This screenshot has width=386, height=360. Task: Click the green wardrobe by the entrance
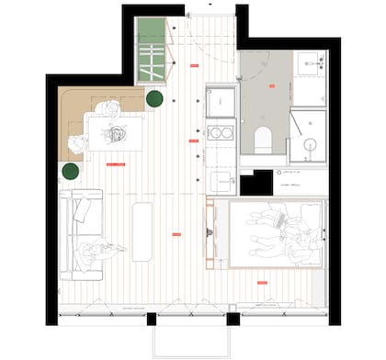(x=148, y=53)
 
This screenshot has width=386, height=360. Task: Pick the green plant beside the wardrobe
(x=154, y=99)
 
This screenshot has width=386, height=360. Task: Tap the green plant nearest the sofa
(x=71, y=171)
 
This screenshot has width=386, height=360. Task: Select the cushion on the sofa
(x=82, y=210)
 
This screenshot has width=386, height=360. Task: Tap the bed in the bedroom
(x=276, y=233)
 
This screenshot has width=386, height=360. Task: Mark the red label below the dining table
(x=116, y=164)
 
